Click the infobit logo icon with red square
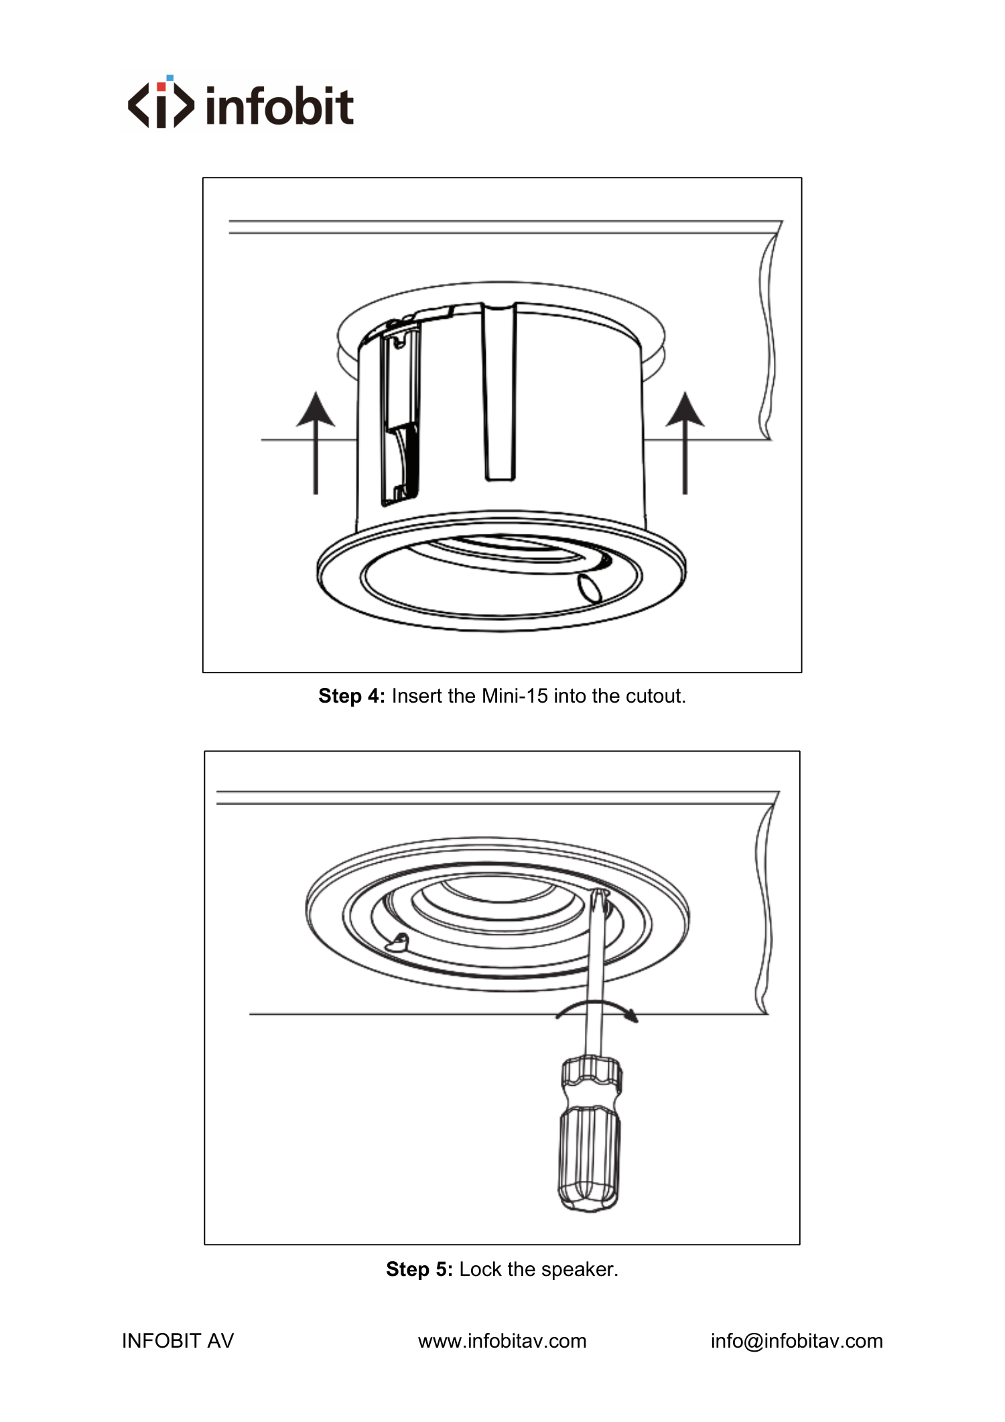click(161, 101)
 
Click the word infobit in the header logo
click(279, 105)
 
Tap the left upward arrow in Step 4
click(316, 443)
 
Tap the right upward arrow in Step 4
click(685, 443)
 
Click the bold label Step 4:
click(352, 697)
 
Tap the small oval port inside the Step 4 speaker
click(590, 587)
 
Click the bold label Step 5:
click(419, 1269)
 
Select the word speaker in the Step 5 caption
click(580, 1270)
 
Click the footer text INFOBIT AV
click(178, 1341)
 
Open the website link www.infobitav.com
click(503, 1341)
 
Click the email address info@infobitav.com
click(797, 1341)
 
